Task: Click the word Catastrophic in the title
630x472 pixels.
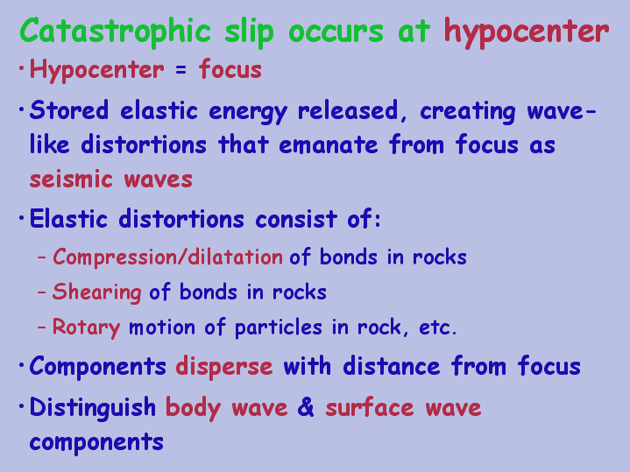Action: (116, 32)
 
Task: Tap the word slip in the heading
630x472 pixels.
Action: (249, 32)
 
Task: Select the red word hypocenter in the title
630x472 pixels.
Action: (527, 33)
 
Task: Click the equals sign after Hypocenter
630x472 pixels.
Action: (181, 70)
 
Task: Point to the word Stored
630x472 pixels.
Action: (69, 109)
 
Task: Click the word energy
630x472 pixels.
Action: (248, 112)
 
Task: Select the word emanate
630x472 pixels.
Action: (329, 144)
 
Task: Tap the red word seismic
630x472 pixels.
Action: (71, 179)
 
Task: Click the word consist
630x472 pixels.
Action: (295, 219)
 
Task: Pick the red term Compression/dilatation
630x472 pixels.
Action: (167, 257)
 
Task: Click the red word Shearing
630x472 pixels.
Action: (97, 292)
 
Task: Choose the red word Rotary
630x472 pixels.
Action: (87, 328)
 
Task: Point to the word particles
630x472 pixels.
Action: (278, 328)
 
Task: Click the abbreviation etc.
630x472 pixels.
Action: (437, 328)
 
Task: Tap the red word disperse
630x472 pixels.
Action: (224, 367)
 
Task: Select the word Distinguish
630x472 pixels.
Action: (93, 407)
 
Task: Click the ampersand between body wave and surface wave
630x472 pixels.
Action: (306, 407)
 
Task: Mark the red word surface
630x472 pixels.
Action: (370, 407)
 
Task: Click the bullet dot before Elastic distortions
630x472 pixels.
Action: (21, 218)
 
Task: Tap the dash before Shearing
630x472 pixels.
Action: (41, 292)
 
